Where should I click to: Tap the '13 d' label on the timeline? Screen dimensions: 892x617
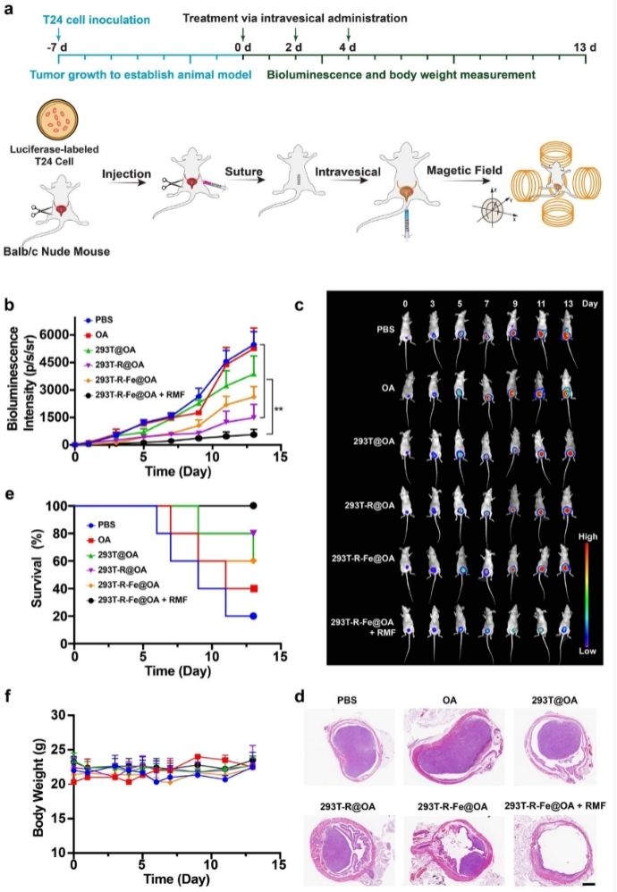[x=585, y=46]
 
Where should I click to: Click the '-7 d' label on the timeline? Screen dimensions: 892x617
[x=58, y=46]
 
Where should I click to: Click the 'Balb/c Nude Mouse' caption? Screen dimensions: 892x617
[x=56, y=251]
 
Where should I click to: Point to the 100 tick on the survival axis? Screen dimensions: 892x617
[x=58, y=506]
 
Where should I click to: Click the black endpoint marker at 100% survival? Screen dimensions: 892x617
[x=253, y=506]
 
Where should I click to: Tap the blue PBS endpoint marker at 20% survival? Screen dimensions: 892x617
[x=253, y=616]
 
